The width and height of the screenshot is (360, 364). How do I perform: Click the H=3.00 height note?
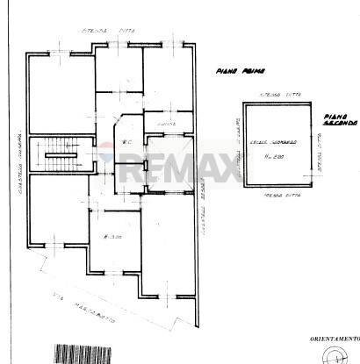point(110,238)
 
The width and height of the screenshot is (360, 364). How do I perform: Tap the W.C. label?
point(126,141)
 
